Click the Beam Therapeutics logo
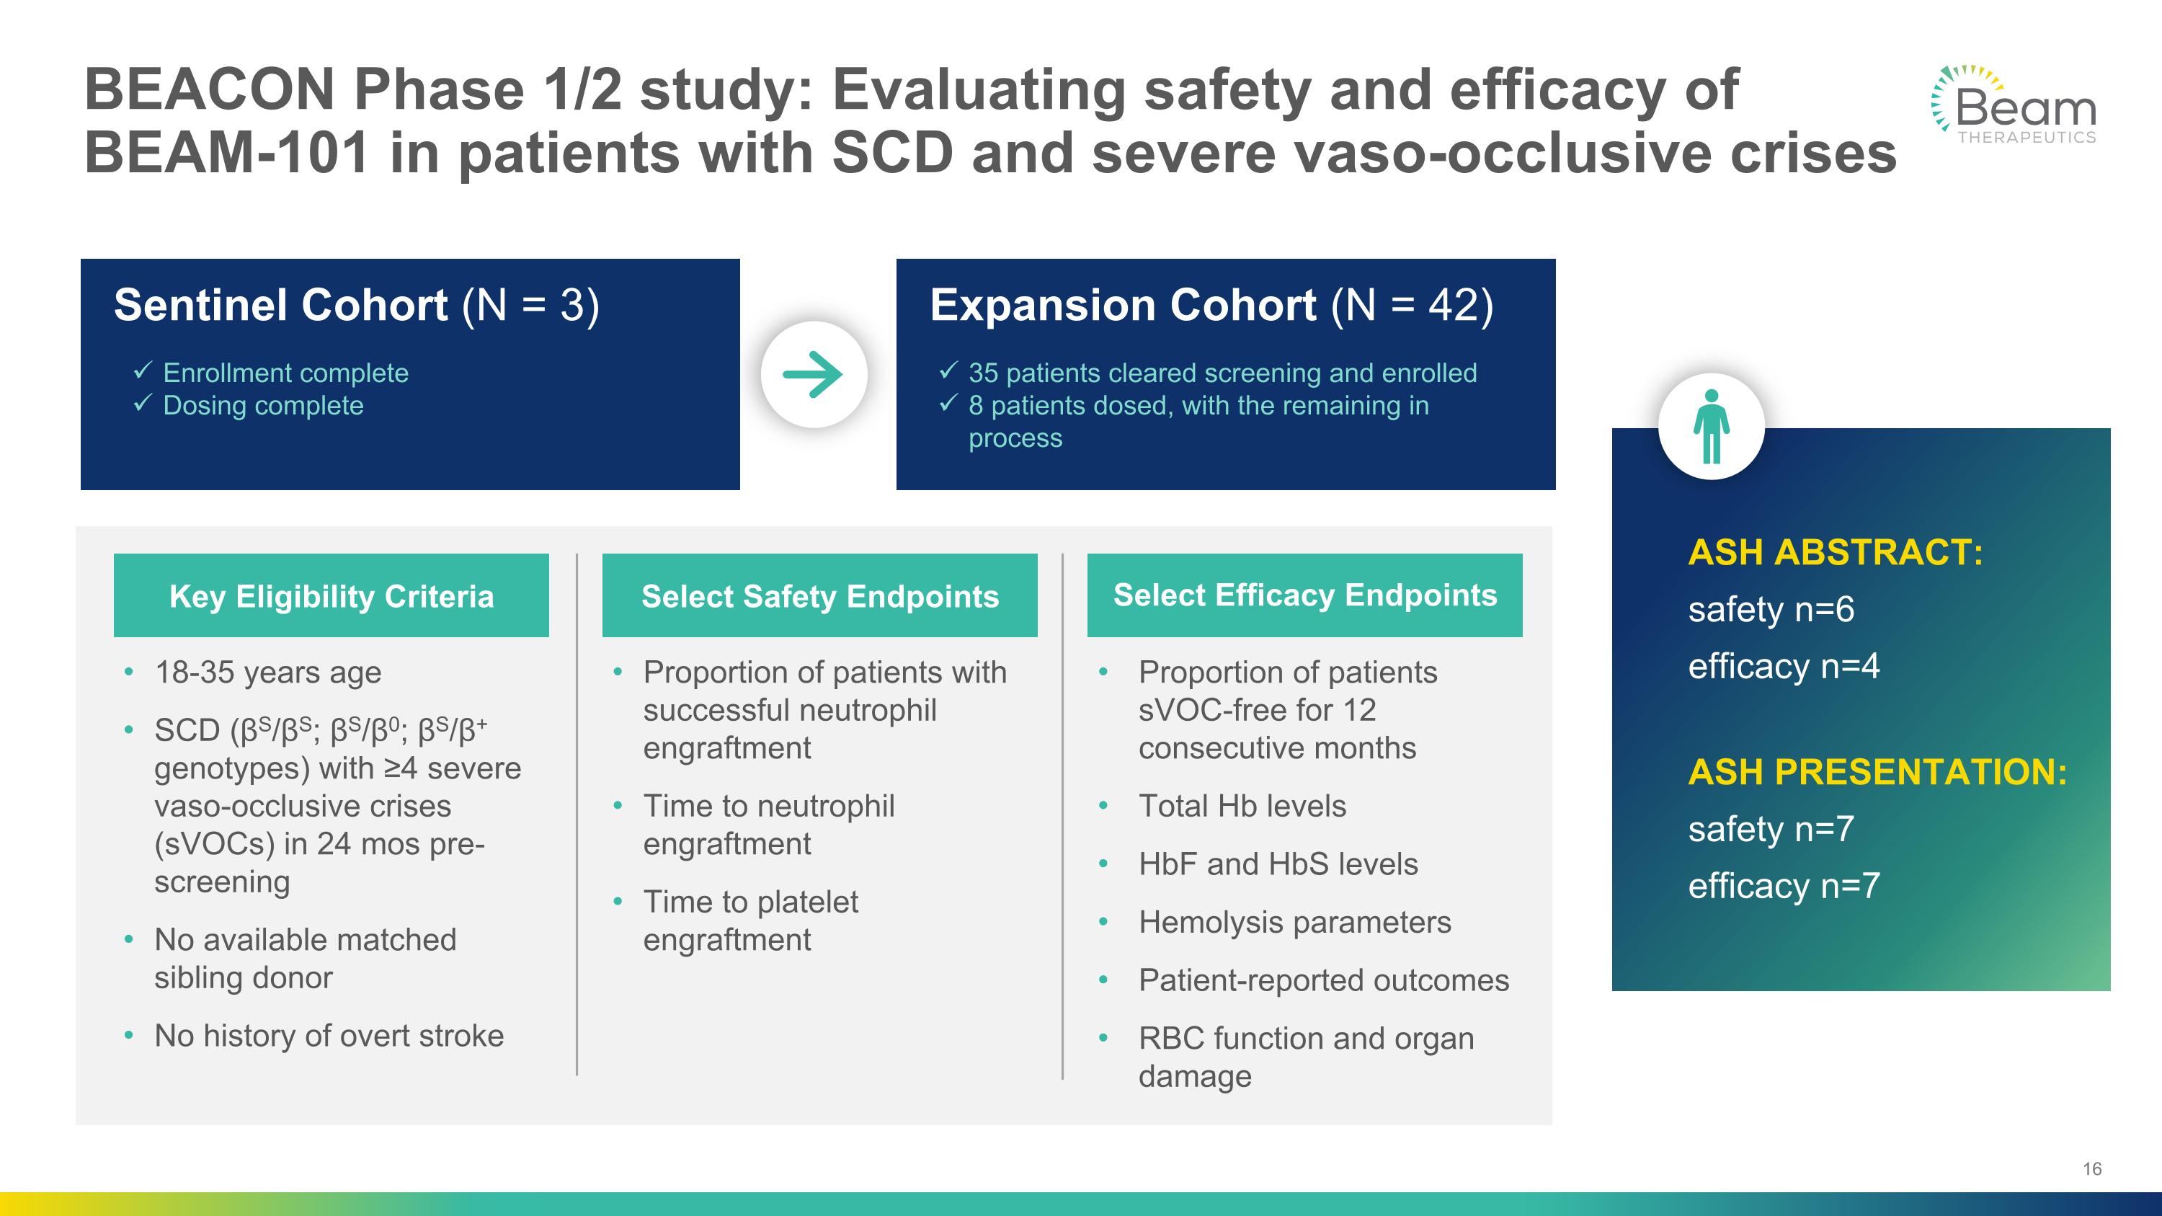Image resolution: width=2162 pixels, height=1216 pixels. click(x=2014, y=106)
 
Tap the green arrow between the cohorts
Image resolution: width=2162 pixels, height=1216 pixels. click(x=813, y=374)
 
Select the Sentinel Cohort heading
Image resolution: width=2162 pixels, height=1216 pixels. click(x=357, y=305)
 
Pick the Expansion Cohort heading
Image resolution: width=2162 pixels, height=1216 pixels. click(x=1211, y=305)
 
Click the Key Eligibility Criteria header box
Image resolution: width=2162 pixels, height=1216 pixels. click(x=332, y=596)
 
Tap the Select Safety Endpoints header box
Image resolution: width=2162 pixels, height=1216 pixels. click(x=820, y=596)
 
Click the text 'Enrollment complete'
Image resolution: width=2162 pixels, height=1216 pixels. click(x=285, y=373)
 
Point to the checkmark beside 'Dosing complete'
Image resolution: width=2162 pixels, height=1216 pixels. click(x=142, y=404)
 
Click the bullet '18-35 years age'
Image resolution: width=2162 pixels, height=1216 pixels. click(x=268, y=673)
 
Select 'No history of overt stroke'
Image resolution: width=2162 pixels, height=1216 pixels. click(x=329, y=1036)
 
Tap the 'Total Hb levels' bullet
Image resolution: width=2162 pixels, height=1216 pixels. click(x=1242, y=806)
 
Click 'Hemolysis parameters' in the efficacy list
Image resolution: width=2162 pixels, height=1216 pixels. click(x=1294, y=923)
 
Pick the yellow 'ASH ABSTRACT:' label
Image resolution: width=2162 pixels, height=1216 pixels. click(x=1835, y=552)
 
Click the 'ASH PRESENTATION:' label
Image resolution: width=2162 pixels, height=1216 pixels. click(x=1877, y=772)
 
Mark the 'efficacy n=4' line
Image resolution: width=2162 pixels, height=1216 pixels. click(x=1784, y=666)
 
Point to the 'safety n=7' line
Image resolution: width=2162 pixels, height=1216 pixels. click(x=1771, y=829)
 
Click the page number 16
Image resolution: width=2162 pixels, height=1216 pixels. click(x=2091, y=1169)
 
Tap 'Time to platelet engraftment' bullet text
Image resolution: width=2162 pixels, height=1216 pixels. click(x=750, y=920)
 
